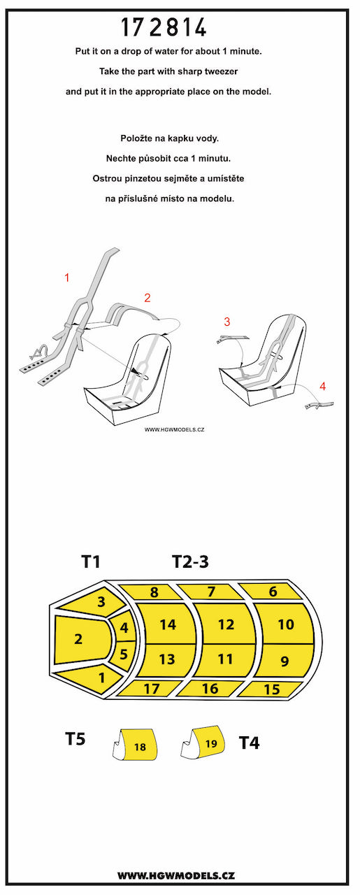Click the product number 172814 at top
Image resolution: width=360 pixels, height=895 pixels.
[164, 27]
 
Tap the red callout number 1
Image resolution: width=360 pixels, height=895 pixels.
[67, 278]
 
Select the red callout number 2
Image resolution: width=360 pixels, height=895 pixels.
[147, 298]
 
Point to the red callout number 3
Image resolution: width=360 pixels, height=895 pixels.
[227, 322]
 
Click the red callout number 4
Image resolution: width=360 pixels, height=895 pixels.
[322, 387]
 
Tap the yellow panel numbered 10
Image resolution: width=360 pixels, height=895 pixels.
[285, 624]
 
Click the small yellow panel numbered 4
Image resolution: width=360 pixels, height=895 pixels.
[123, 627]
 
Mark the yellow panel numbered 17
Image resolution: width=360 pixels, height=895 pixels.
[152, 689]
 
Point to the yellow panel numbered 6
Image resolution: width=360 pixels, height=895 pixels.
[272, 592]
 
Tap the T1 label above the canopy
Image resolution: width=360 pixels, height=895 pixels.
[91, 561]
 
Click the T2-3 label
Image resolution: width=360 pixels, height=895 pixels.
[190, 561]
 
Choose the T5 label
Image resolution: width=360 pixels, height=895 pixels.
[75, 738]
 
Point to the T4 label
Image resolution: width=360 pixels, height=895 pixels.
[250, 743]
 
